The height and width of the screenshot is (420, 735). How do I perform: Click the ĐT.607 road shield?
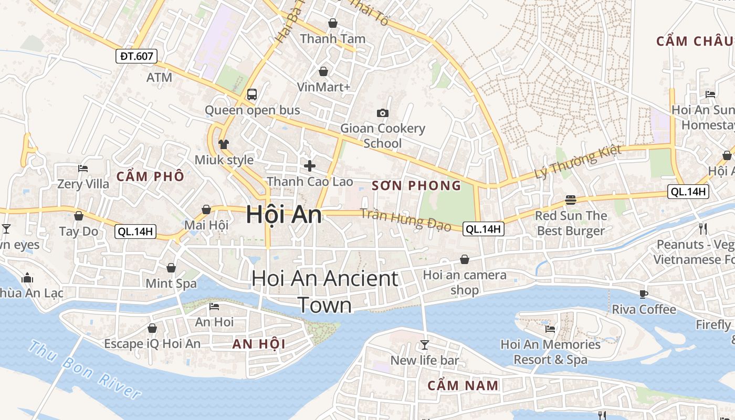point(136,56)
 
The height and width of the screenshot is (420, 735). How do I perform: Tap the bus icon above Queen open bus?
point(252,94)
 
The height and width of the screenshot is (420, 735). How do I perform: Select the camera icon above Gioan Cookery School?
point(383,113)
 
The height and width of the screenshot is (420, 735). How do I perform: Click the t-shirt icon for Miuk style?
point(224,144)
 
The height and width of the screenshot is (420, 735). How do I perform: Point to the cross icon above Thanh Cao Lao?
point(310,166)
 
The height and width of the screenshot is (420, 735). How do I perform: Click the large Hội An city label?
point(284,215)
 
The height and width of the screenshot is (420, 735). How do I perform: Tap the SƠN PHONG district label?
point(416,185)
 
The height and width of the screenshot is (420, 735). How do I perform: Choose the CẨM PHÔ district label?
point(151,176)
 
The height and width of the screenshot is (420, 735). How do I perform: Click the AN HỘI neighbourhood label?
point(259,344)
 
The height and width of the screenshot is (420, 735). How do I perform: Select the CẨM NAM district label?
point(463,385)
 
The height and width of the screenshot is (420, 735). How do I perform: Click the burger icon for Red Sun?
point(571,200)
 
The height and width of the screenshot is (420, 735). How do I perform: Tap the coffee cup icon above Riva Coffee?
point(644,294)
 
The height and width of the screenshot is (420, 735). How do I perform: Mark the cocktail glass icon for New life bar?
point(424,345)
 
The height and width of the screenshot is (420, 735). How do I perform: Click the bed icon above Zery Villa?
point(83,169)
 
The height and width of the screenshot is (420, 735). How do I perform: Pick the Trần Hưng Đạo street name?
point(405,219)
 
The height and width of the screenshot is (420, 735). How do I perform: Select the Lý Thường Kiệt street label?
point(577,161)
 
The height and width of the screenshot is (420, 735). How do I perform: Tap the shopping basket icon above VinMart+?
point(323,71)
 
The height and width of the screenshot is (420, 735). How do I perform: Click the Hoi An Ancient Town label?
point(325,291)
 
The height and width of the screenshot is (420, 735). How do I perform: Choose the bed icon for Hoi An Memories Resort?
point(550,329)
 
